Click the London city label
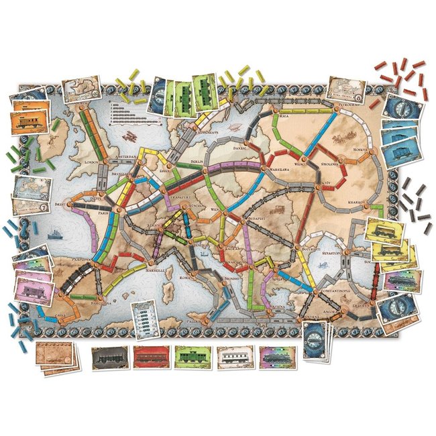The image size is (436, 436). [x=91, y=163]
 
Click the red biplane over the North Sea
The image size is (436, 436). [x=126, y=136]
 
